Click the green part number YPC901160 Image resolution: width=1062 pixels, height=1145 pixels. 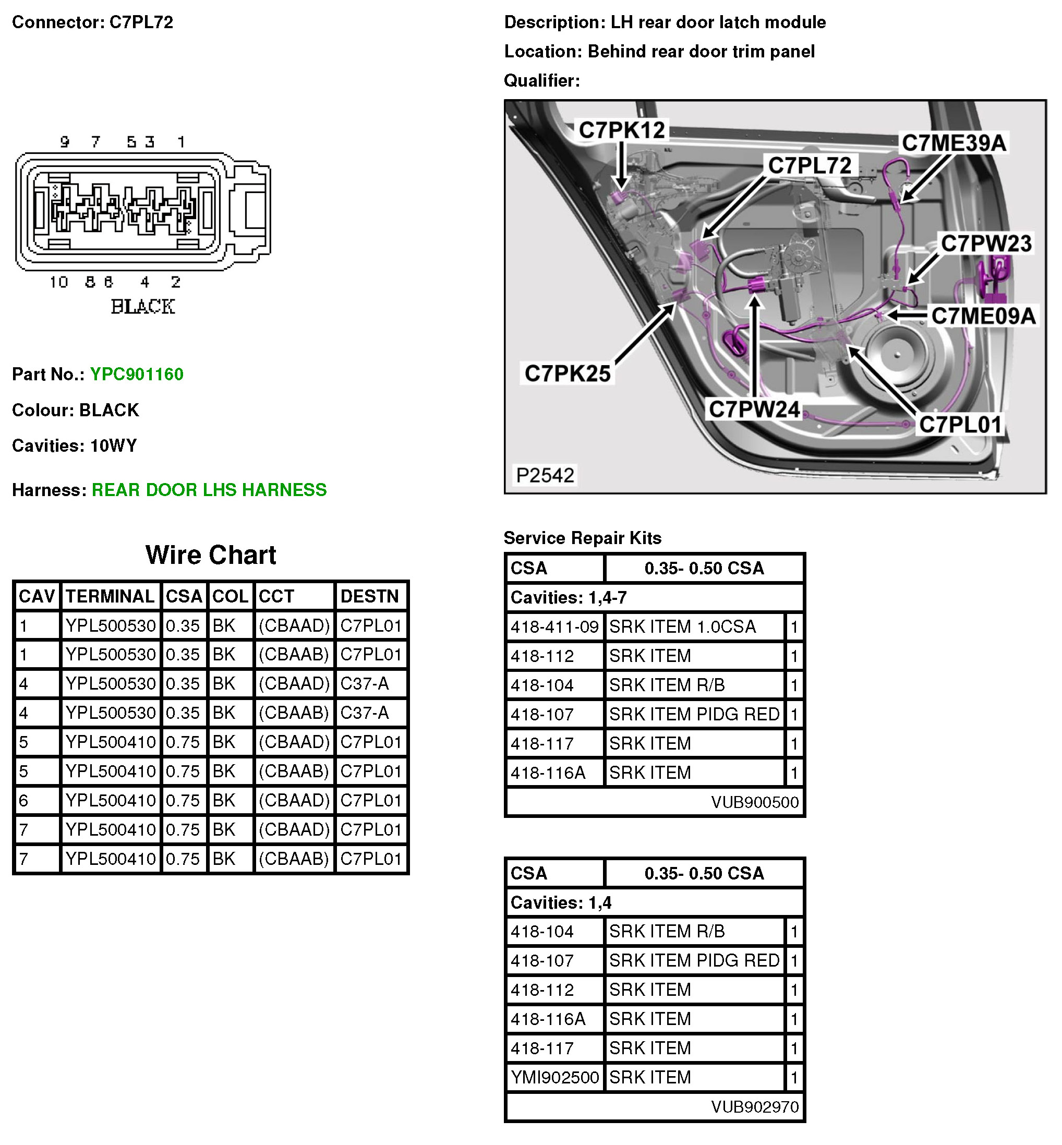(x=137, y=374)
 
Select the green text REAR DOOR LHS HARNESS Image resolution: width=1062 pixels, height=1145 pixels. (x=209, y=490)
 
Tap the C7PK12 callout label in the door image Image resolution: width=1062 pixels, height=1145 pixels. (x=622, y=130)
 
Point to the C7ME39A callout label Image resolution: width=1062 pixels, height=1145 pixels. (x=954, y=142)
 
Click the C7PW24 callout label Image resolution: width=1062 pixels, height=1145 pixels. (x=754, y=409)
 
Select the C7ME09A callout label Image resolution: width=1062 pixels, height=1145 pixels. (x=983, y=316)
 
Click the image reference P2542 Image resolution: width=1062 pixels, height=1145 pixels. (x=545, y=475)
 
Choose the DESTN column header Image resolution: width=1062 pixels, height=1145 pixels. (x=369, y=596)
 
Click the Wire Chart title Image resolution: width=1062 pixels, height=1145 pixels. (x=210, y=555)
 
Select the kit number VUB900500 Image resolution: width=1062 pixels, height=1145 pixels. (x=755, y=802)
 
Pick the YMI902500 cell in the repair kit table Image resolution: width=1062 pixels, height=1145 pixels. (x=554, y=1077)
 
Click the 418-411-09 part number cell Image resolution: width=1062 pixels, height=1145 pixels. (x=554, y=626)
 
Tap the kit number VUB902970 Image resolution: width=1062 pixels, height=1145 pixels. (x=755, y=1107)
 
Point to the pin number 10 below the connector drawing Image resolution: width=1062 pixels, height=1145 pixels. (x=58, y=282)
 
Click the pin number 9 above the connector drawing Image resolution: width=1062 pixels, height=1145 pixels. (x=65, y=141)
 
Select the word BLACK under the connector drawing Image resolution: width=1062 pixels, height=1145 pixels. (x=142, y=306)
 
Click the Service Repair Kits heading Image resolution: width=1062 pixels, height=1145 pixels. (x=582, y=538)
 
